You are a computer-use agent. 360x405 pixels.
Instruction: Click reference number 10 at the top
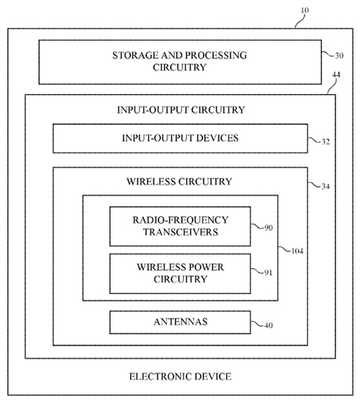[x=305, y=10]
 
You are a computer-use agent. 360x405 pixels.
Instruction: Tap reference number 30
[x=339, y=56]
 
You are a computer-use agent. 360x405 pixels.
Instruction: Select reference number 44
[x=336, y=74]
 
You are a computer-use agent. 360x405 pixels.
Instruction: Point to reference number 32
[x=325, y=142]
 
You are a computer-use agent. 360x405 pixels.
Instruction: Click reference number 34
[x=325, y=187]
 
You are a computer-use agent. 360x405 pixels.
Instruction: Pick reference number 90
[x=269, y=228]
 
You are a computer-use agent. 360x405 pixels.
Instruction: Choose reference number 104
[x=297, y=251]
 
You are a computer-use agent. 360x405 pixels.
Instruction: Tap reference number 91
[x=268, y=273]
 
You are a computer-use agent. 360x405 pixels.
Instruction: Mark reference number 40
[x=269, y=325]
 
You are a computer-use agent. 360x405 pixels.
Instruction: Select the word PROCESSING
[x=216, y=55]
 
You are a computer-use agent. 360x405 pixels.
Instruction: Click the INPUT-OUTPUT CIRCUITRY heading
[x=181, y=110]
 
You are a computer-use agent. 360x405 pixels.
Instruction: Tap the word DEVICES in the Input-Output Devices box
[x=217, y=138]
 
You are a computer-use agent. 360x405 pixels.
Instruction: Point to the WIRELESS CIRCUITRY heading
[x=179, y=182]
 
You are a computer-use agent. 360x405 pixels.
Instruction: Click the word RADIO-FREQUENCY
[x=181, y=220]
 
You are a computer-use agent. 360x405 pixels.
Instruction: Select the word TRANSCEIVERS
[x=181, y=232]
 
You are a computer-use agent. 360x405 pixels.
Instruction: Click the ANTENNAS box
[x=180, y=323]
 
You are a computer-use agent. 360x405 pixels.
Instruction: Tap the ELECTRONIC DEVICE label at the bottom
[x=180, y=377]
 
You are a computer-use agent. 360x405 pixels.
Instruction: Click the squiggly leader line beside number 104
[x=284, y=250]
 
